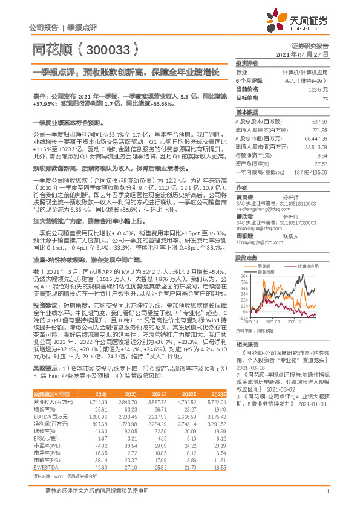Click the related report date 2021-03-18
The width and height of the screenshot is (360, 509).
pyautogui.click(x=251, y=366)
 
